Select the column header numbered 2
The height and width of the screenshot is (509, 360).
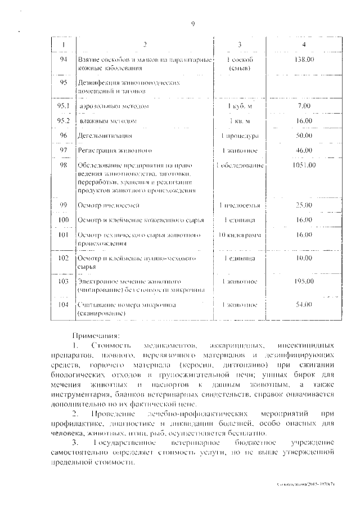[145, 44]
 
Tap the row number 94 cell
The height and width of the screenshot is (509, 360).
[63, 59]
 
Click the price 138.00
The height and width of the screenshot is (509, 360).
[304, 59]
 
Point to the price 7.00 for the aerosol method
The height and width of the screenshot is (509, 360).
[304, 105]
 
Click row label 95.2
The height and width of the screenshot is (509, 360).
[63, 121]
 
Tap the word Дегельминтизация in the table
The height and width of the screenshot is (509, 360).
[106, 136]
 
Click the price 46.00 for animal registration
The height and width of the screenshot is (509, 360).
[304, 151]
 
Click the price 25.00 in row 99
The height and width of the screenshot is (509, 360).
[304, 205]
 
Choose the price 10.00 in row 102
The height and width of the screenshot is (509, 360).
[304, 258]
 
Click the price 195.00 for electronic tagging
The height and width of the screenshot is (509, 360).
[304, 281]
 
